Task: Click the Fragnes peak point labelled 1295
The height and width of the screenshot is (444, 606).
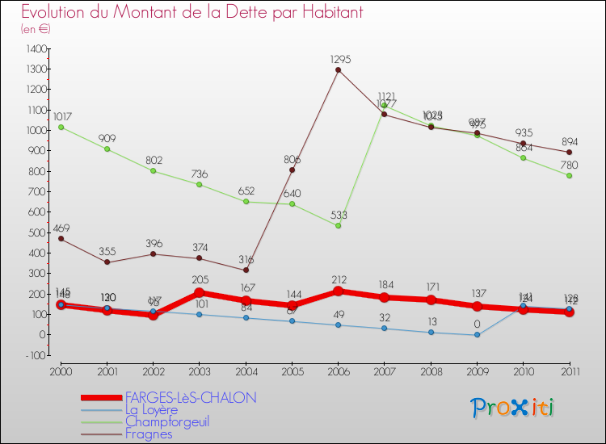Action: pos(338,69)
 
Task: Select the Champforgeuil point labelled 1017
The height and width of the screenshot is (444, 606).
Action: pos(61,127)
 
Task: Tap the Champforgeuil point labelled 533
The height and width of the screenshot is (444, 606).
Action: pos(338,225)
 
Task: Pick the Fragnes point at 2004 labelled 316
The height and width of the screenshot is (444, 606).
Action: pos(246,270)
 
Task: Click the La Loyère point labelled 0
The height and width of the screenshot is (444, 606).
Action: pos(477,334)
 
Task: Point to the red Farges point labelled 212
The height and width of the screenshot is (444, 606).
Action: pos(338,291)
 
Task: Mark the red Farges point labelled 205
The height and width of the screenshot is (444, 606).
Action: pos(200,292)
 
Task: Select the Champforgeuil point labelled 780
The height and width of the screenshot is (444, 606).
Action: pos(569,175)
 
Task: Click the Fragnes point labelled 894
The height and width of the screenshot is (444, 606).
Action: pos(569,152)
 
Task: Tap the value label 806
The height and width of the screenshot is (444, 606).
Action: pos(292,160)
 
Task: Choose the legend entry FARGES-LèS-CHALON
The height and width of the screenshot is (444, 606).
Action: pos(191,398)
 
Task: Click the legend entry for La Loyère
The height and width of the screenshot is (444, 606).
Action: pos(152,410)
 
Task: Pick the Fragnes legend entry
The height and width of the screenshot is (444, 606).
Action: pos(149,434)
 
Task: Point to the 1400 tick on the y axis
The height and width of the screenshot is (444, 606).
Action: pos(36,48)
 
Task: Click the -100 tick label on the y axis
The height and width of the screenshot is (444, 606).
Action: pos(35,355)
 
